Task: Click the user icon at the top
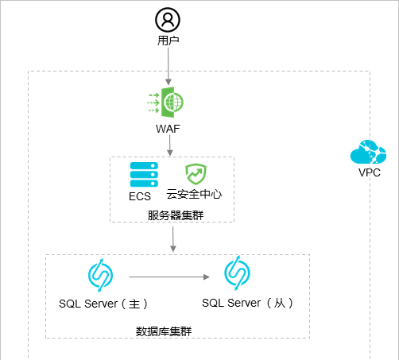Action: (x=168, y=20)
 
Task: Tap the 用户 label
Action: (x=168, y=41)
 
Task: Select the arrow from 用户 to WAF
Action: (x=169, y=66)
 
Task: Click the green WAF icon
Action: (x=165, y=103)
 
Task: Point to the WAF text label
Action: (x=168, y=129)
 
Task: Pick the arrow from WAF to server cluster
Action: (x=170, y=145)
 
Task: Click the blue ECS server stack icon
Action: (x=144, y=175)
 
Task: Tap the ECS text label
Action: (x=140, y=196)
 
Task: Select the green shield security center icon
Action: (x=196, y=174)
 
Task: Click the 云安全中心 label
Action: (x=194, y=194)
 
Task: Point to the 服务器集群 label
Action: (x=176, y=215)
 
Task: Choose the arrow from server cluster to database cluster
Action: (x=173, y=239)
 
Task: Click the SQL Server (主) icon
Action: (x=100, y=276)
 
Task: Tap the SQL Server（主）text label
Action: (x=103, y=304)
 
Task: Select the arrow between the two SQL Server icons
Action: (x=169, y=277)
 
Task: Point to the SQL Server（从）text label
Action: (x=247, y=303)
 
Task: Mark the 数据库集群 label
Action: (x=164, y=331)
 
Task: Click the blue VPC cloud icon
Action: (x=368, y=152)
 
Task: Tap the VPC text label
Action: (x=370, y=172)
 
